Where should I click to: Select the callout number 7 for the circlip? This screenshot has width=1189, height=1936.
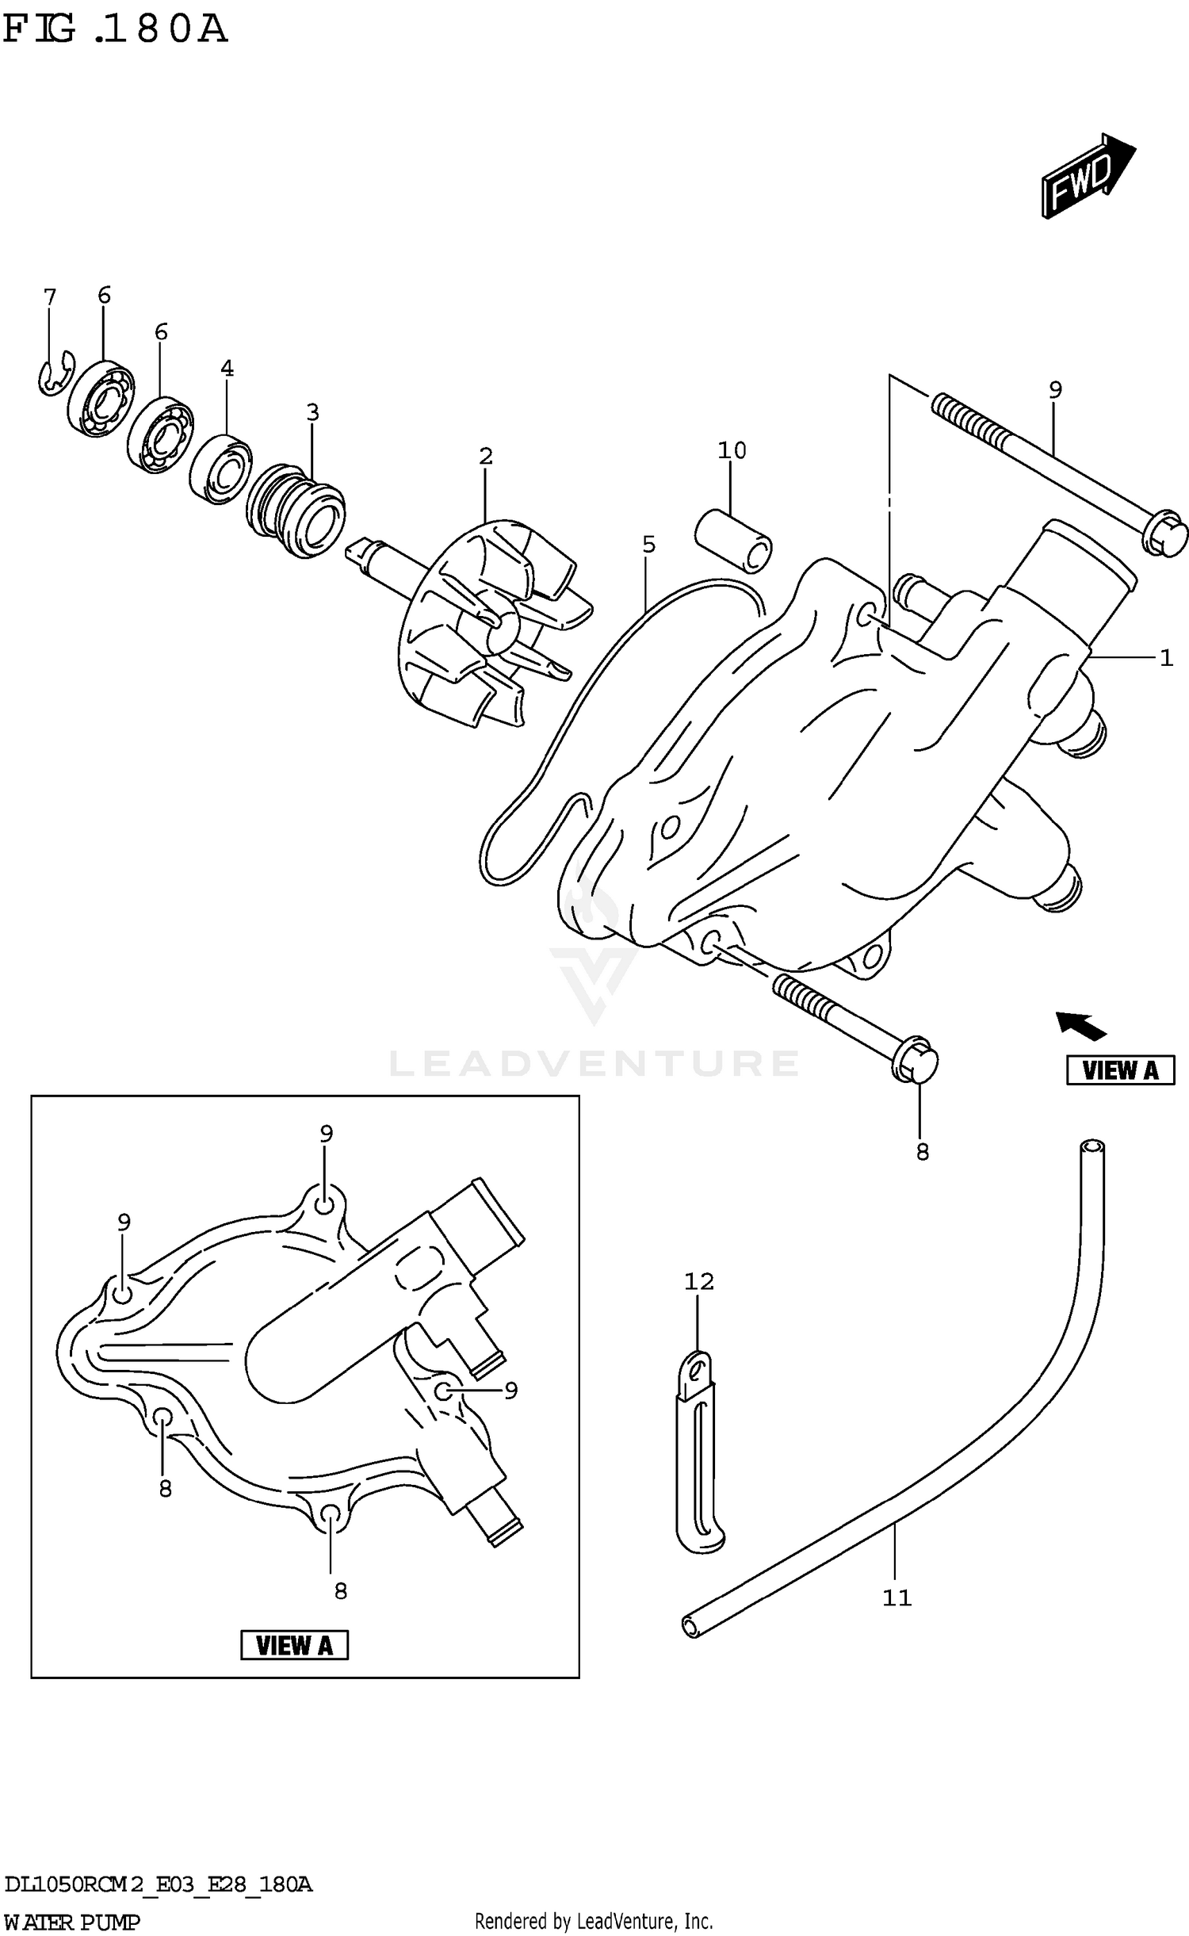[x=50, y=297]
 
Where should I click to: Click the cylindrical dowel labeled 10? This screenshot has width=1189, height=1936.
[x=734, y=540]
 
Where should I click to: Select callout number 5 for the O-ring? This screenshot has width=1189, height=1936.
[x=648, y=545]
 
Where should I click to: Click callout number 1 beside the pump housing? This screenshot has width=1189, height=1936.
[x=1165, y=657]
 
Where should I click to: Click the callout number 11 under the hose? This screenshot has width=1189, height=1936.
[x=897, y=1597]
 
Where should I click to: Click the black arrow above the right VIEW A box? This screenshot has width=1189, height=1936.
[x=1080, y=1026]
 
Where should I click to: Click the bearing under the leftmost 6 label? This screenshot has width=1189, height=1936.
[x=101, y=399]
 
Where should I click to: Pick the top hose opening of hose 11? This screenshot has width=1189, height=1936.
[x=1092, y=1147]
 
